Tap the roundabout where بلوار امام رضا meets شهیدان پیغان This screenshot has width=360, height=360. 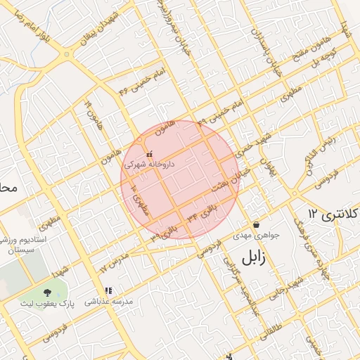coord(67,54)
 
